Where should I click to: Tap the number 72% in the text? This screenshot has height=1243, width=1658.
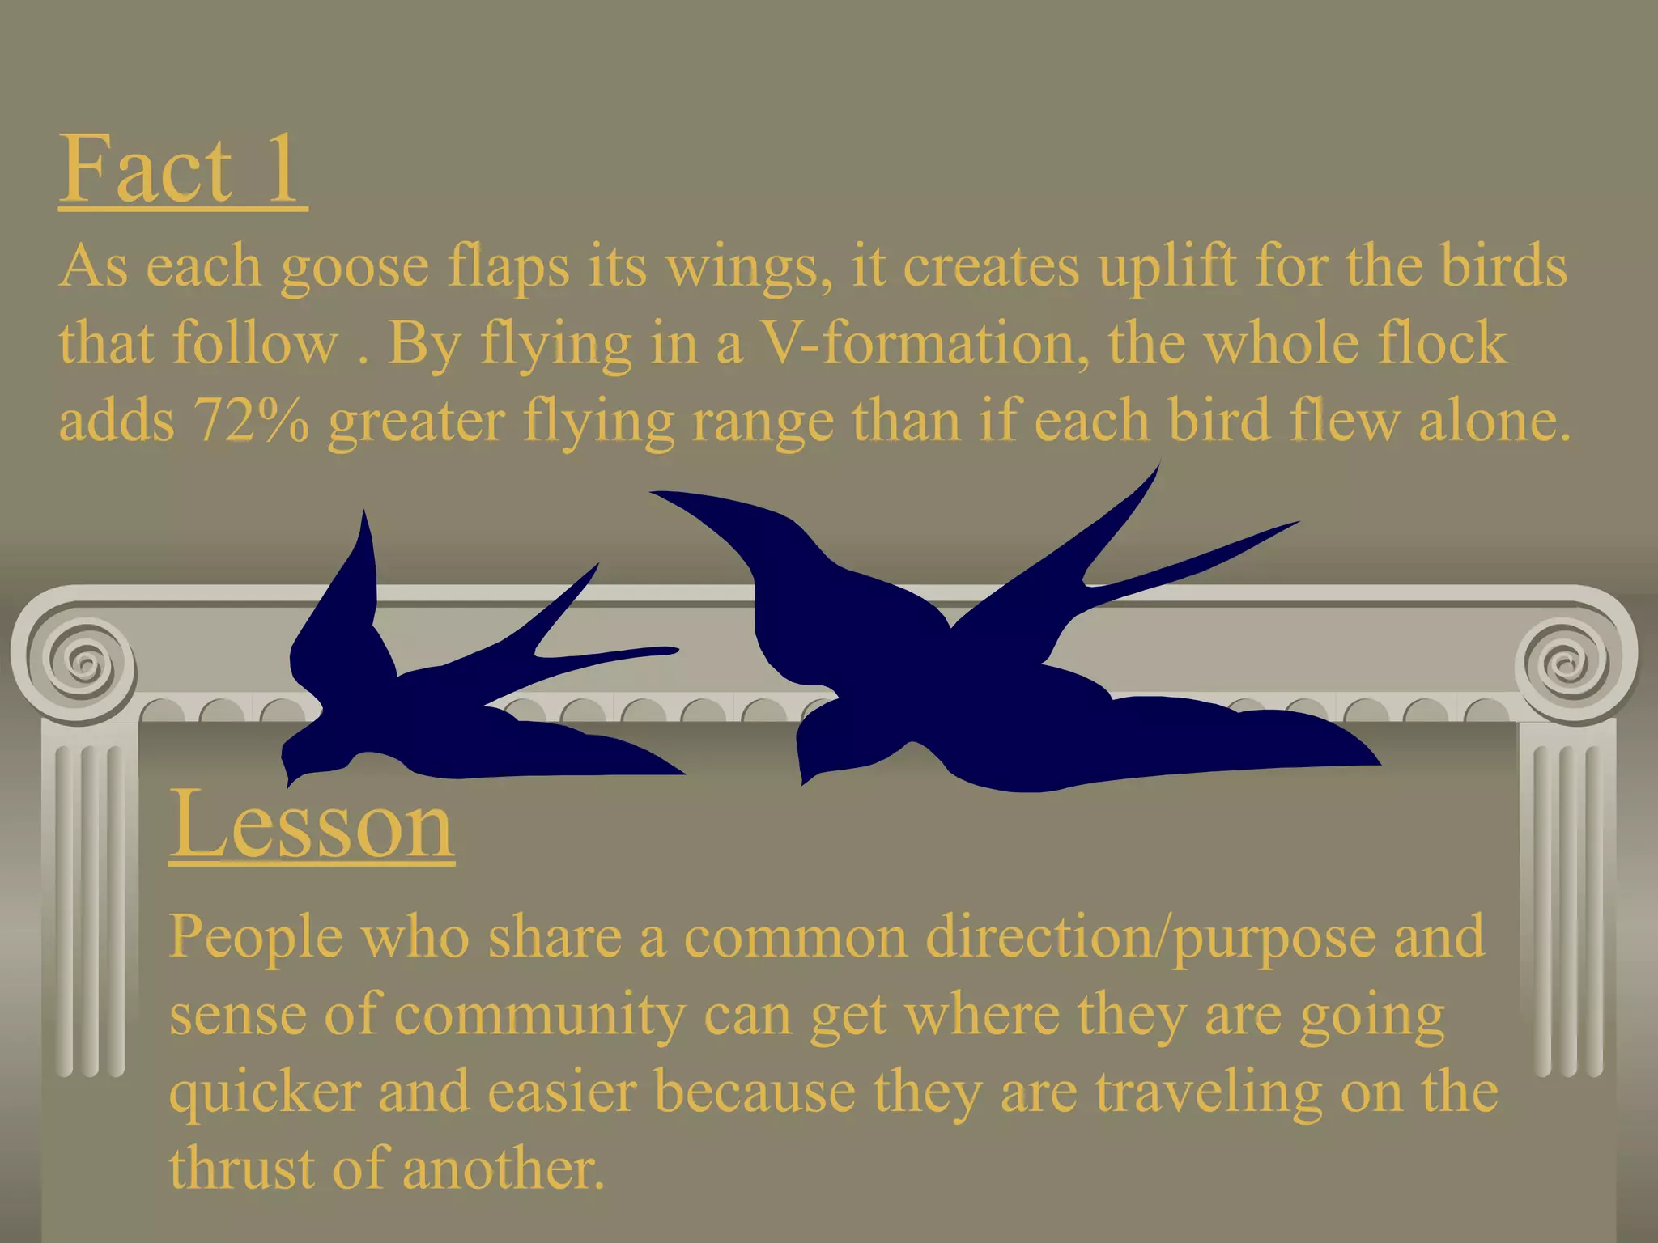(x=251, y=421)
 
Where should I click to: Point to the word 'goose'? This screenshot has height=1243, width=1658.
(x=355, y=267)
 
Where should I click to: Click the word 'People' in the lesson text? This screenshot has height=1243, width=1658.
(x=256, y=937)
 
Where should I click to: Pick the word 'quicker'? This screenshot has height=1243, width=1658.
(x=265, y=1092)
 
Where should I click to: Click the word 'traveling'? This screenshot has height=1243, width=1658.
(x=1209, y=1092)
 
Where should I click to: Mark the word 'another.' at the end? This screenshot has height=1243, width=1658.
(x=503, y=1169)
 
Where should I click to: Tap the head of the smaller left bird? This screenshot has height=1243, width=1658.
(x=304, y=749)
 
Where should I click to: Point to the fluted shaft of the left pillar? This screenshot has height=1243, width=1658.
(x=89, y=906)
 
